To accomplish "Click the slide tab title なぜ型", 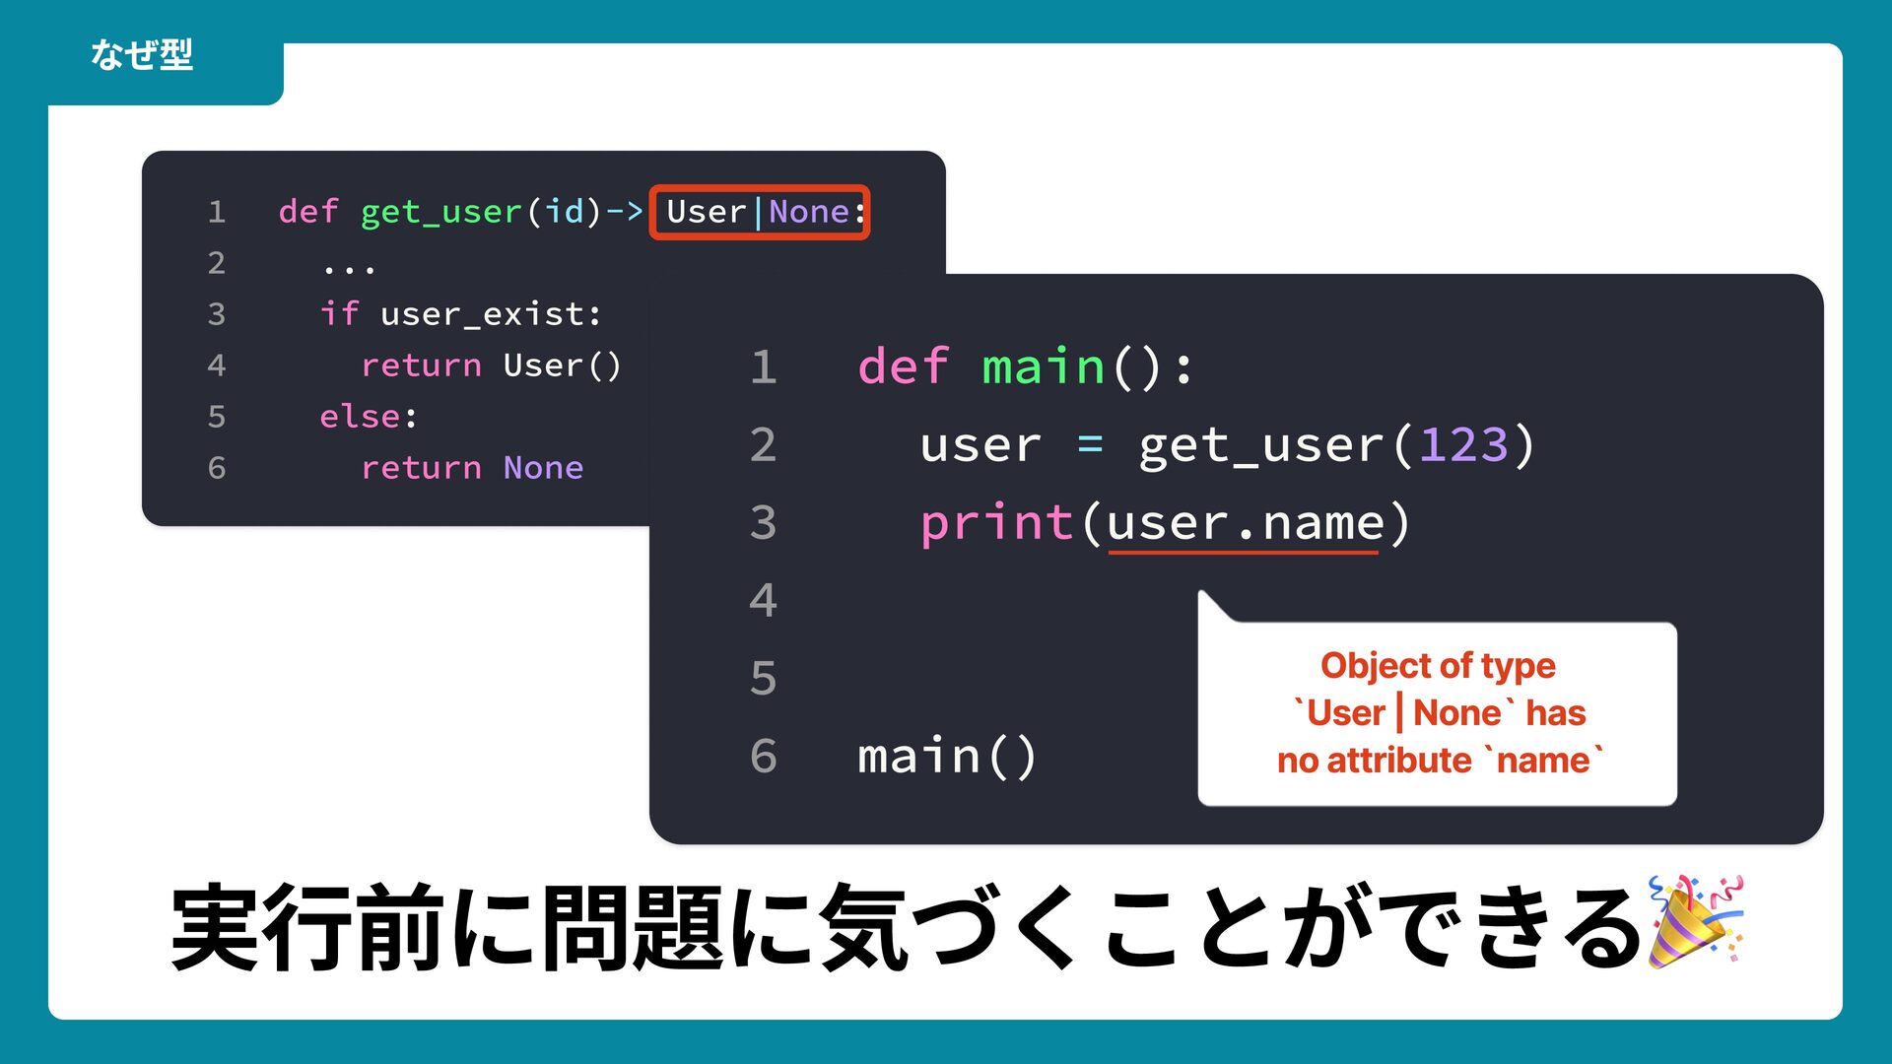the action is [142, 55].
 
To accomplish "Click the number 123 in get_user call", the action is [1463, 445].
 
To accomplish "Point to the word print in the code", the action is [995, 522].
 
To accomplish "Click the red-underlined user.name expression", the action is [1245, 524].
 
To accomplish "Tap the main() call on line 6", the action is [946, 757].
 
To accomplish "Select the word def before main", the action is [903, 367].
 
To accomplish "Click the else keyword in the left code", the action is [360, 417].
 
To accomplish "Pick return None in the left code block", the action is [472, 468].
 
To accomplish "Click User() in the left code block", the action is [562, 366].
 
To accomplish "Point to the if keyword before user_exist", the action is [339, 314].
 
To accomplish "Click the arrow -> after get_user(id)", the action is [624, 212].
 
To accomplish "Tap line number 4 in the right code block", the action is [763, 600].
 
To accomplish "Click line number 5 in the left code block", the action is [217, 417].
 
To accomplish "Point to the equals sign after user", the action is [1090, 445].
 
